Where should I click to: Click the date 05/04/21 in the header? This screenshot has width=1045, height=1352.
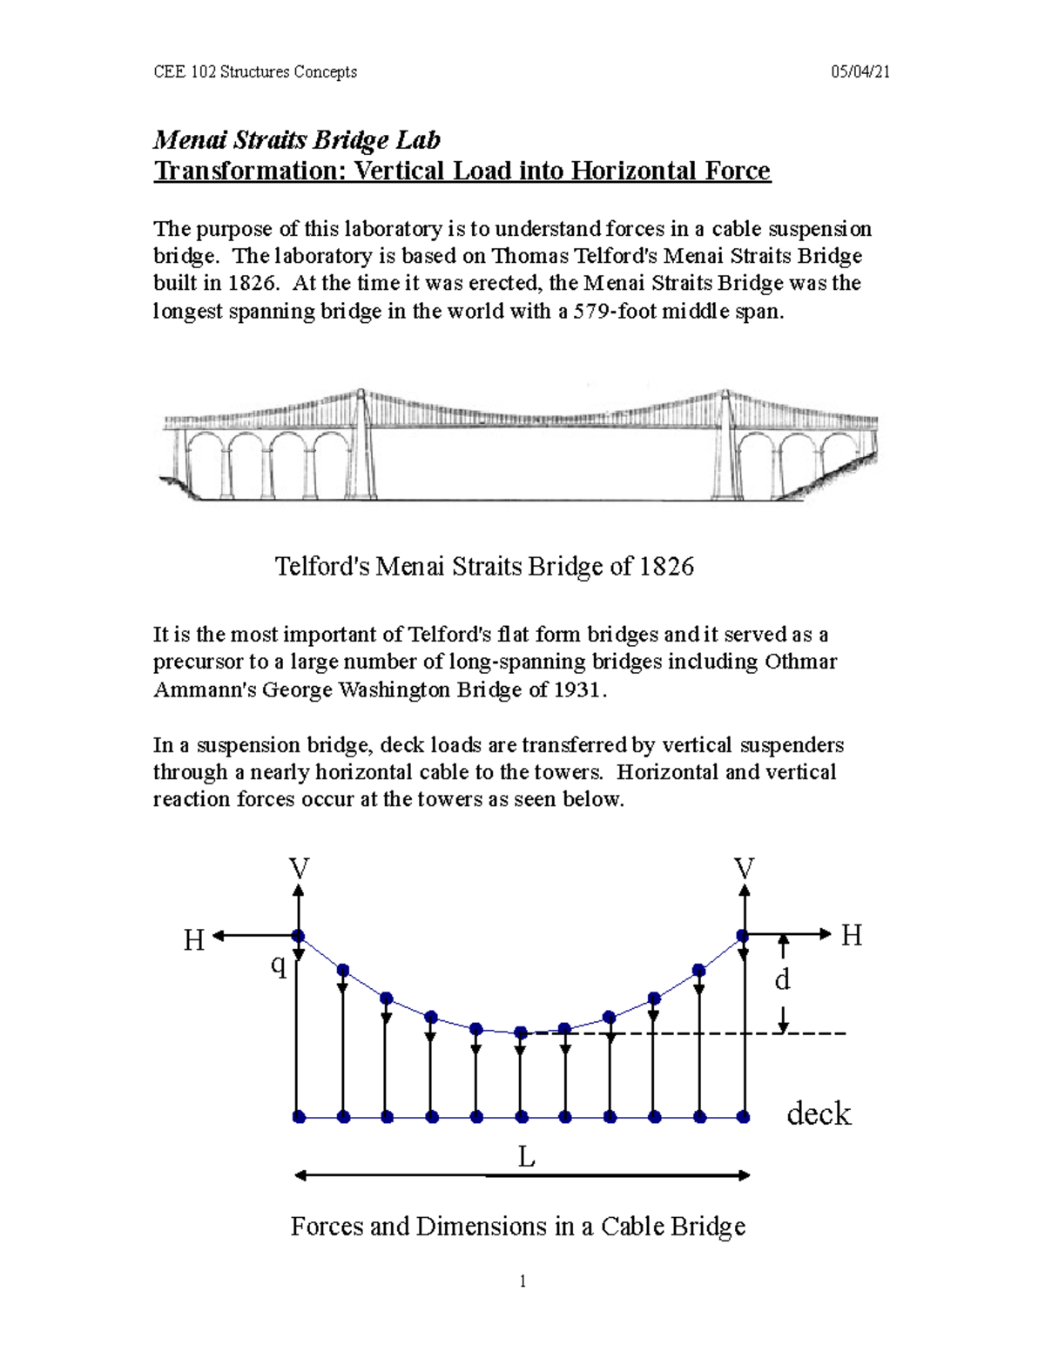point(860,72)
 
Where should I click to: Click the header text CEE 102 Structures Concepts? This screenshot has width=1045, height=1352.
point(255,72)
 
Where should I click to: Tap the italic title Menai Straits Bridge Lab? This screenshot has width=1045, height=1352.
point(296,139)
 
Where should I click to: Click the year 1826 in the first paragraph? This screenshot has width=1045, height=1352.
point(254,283)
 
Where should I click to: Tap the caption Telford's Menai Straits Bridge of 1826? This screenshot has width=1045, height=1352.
point(484,567)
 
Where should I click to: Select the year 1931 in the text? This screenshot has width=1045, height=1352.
point(576,689)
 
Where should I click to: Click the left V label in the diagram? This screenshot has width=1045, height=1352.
point(299,868)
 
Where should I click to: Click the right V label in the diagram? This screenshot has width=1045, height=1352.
point(744,868)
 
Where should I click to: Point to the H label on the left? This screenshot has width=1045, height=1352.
point(193,940)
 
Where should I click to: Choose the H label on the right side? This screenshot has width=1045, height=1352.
point(851,936)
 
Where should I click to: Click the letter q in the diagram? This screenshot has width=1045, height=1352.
point(278,965)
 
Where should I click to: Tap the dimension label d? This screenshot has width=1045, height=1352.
point(782,980)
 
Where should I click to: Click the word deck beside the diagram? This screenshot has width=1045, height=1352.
point(818,1113)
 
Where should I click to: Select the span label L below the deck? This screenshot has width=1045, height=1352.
point(526,1157)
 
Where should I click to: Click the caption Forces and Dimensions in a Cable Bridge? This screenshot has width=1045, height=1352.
point(517,1227)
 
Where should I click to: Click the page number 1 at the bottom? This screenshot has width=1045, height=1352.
point(522,1281)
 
